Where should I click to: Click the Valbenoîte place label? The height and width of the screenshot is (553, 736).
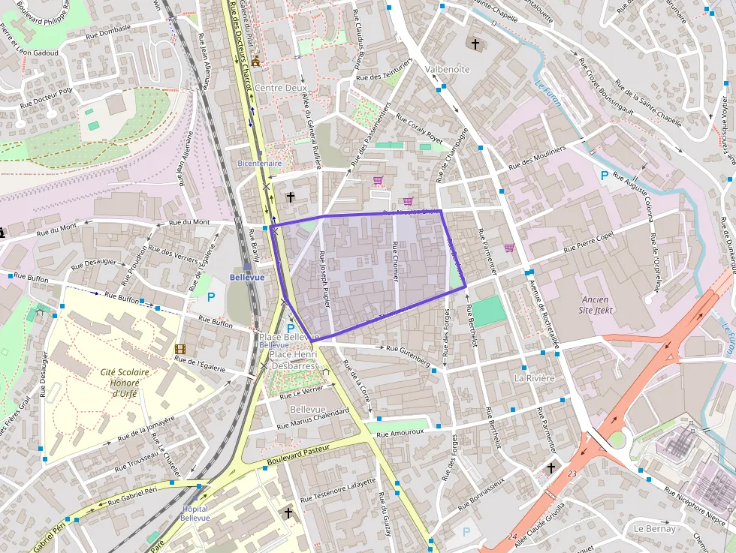coord(447,69)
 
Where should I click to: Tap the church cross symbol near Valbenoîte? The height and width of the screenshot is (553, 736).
coord(475,44)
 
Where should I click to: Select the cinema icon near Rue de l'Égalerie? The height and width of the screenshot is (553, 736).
coord(179,349)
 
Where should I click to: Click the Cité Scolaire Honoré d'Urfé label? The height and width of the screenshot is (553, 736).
coord(125,383)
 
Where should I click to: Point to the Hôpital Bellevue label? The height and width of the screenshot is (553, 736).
coord(195,513)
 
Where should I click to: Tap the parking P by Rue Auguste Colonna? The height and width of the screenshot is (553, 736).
coord(605,175)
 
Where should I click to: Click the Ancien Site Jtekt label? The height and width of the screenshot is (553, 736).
coord(596,305)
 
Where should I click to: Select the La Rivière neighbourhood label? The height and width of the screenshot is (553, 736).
coord(534,379)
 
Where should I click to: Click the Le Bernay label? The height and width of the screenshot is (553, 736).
coord(654,528)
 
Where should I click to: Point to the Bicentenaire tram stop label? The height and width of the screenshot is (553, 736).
coord(259,163)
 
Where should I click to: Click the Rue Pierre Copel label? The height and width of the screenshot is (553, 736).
coord(589,241)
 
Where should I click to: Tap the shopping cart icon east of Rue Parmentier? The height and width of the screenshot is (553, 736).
coord(509,248)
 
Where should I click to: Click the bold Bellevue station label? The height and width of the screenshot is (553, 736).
coord(247,277)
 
